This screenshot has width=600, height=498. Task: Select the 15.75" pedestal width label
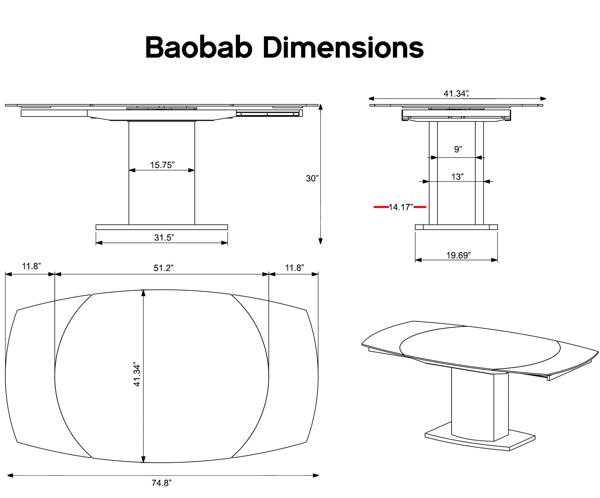[162, 165]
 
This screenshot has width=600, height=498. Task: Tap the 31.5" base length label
[164, 238]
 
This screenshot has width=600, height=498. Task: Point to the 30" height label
[312, 178]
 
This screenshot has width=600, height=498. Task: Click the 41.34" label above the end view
[456, 94]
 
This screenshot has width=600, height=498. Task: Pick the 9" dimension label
[458, 150]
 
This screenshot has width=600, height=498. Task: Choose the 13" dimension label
[457, 176]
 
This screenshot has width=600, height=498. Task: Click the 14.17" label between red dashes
[401, 207]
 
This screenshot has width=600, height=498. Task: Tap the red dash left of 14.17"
[380, 207]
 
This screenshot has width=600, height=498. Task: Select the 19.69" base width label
[458, 255]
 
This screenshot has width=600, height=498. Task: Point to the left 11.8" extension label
[31, 266]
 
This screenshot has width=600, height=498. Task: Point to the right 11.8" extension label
[295, 268]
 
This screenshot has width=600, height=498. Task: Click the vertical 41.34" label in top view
[137, 375]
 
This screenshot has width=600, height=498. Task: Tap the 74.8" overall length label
[162, 483]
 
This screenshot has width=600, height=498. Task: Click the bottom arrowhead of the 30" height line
[320, 240]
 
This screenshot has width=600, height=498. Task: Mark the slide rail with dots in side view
[268, 114]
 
